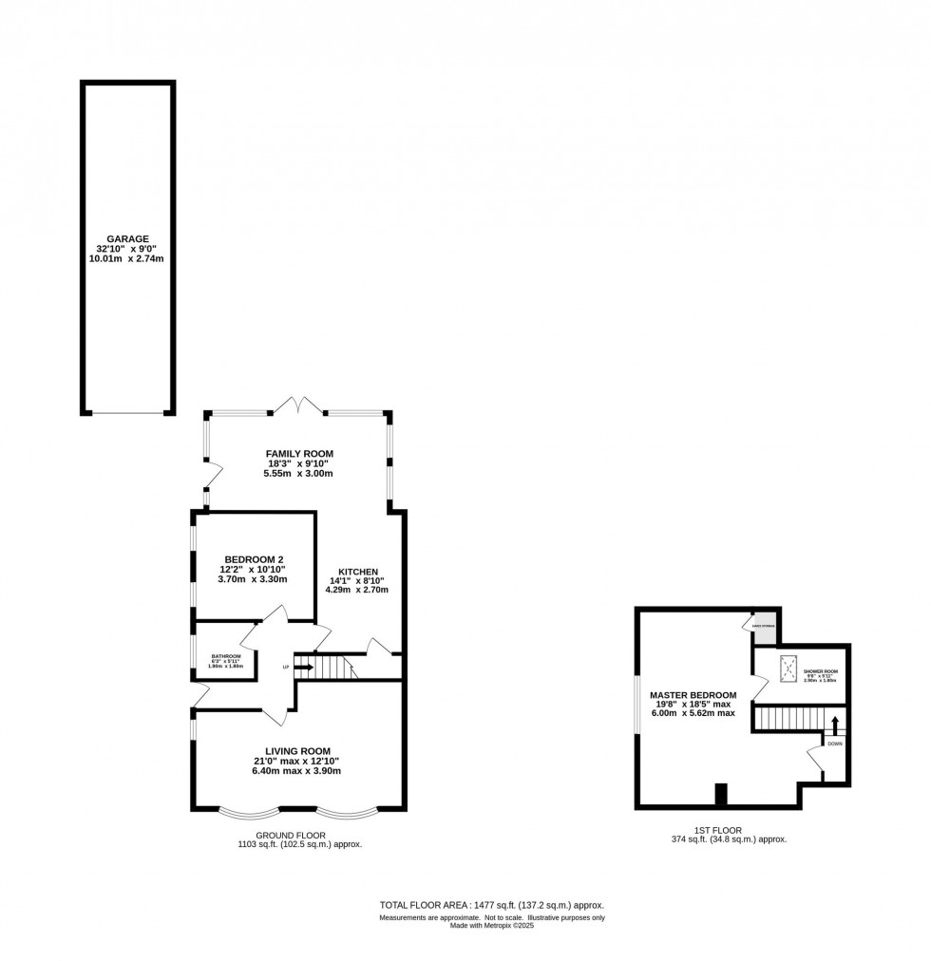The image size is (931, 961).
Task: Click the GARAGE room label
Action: [x=127, y=238]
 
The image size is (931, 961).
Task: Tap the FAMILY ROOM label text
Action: [x=299, y=453]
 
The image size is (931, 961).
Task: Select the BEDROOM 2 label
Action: [x=255, y=559]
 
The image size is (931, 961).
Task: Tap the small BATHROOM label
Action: [x=226, y=656]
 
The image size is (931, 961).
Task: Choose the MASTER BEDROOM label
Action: [x=693, y=695]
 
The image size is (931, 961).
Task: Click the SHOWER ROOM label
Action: [x=822, y=671]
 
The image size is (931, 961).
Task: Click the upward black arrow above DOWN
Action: [x=834, y=725]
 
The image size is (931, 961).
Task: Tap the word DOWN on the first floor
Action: [x=834, y=744]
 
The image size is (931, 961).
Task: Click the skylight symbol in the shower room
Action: [x=788, y=668]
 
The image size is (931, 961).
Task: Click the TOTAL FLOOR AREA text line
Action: [x=491, y=905]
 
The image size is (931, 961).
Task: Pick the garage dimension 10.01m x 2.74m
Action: [x=127, y=258]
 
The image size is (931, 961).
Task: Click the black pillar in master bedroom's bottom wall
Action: [x=720, y=794]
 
